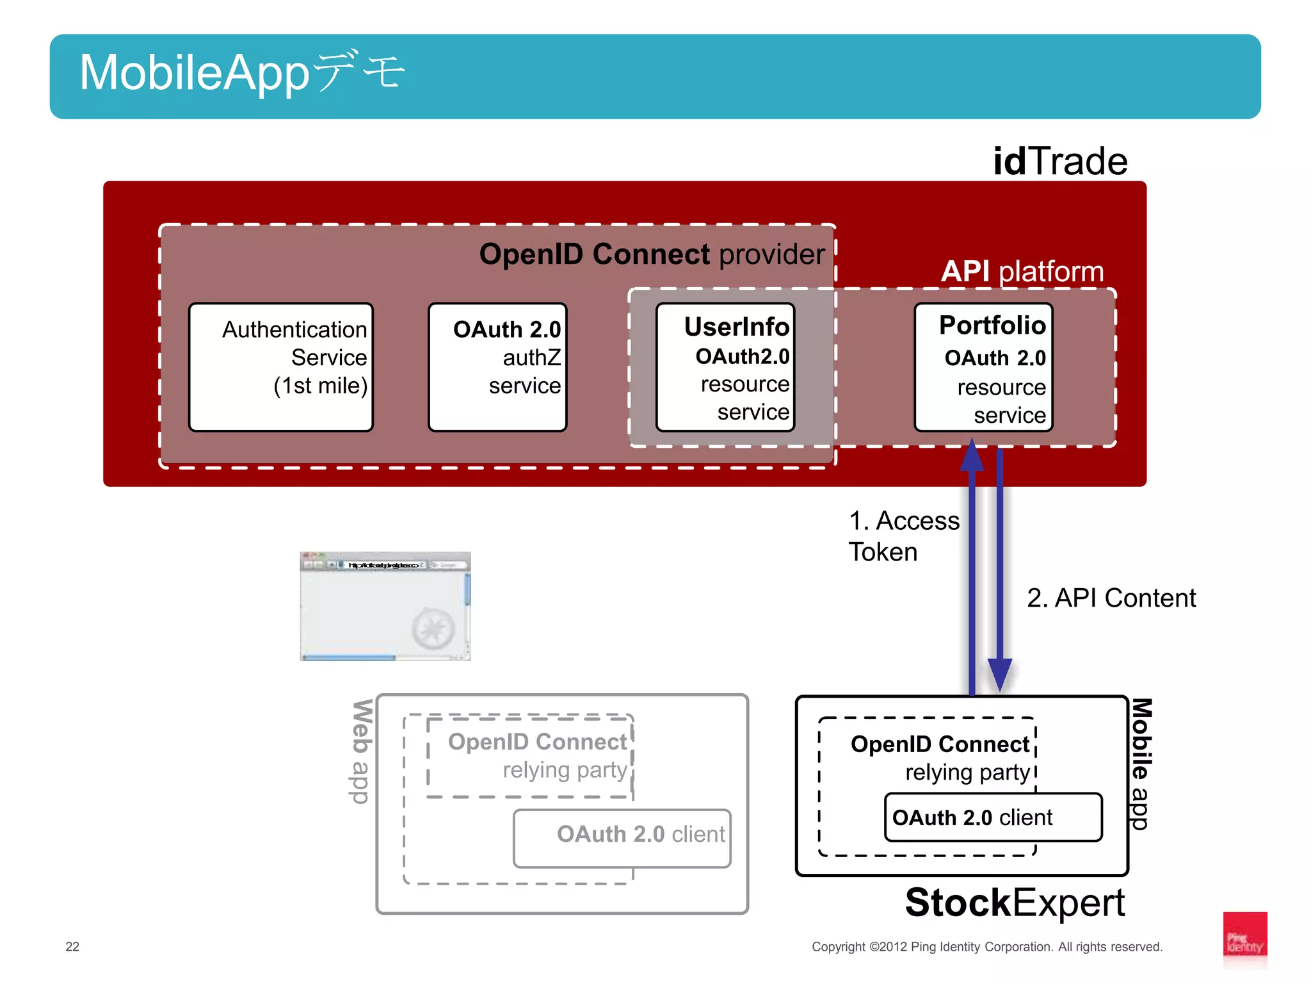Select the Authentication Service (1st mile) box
(281, 367)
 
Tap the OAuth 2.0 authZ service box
(497, 367)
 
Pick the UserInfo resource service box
(725, 367)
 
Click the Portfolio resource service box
(983, 367)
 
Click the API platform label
(1022, 272)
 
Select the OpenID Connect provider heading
(652, 254)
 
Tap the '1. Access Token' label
(903, 536)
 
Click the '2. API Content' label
(1111, 598)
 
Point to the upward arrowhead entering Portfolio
(972, 455)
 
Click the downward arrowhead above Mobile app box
(999, 675)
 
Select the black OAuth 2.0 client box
(993, 817)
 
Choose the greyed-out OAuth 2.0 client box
(622, 839)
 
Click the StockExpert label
(1015, 903)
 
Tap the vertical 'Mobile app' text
(1141, 764)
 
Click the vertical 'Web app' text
(362, 751)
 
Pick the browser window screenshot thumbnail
(385, 606)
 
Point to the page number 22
(72, 947)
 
